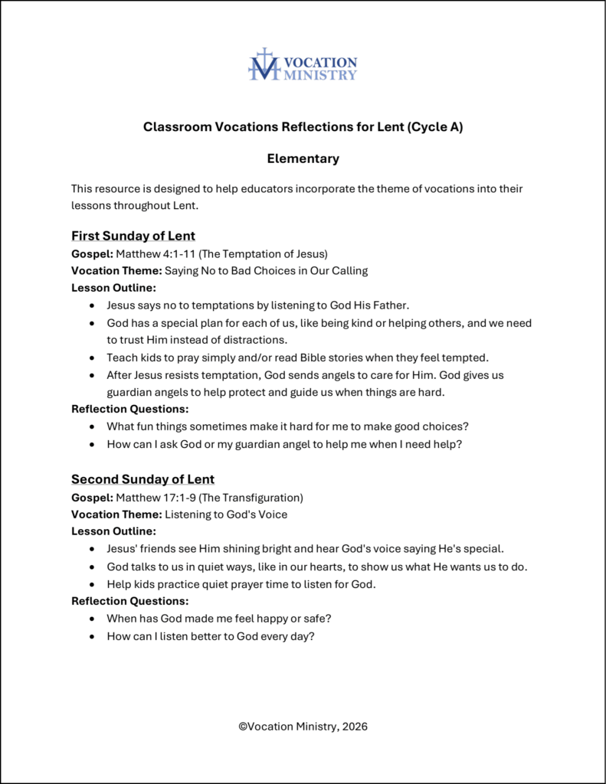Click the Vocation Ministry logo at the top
click(x=303, y=65)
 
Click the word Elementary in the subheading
click(x=303, y=159)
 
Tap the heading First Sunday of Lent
click(x=133, y=236)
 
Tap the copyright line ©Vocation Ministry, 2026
click(x=303, y=727)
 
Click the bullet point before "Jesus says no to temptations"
click(x=93, y=305)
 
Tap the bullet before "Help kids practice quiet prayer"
click(x=93, y=584)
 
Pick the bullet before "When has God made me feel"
click(x=93, y=619)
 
